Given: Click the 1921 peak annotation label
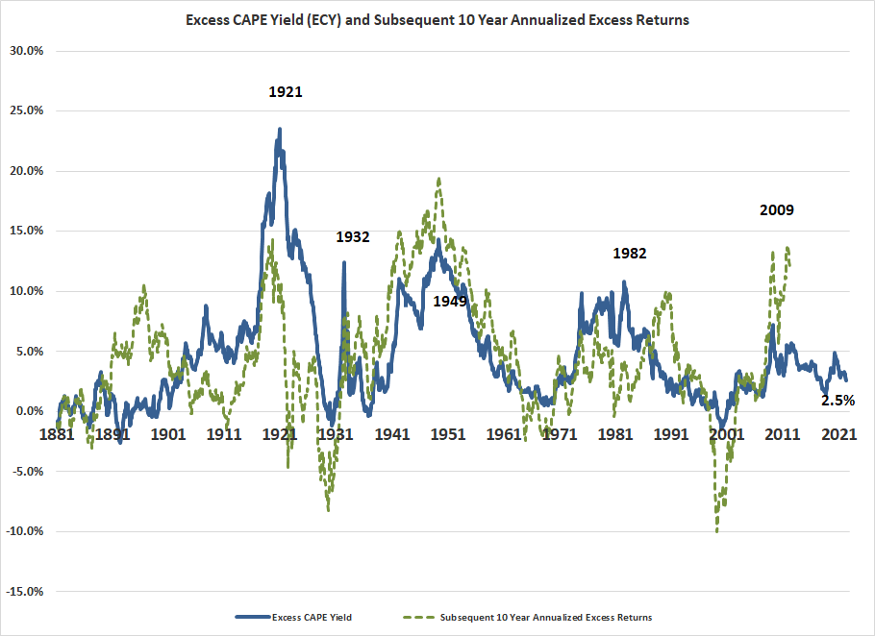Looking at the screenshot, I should pos(286,92).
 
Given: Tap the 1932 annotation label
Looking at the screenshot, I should pos(354,236).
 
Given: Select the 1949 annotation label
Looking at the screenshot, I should pos(450,301).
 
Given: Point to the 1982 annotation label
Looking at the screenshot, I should pos(630,254).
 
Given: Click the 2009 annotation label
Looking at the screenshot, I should pos(777,209).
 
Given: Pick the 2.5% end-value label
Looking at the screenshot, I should pos(837,400).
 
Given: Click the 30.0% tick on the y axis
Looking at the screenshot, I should pos(27,51).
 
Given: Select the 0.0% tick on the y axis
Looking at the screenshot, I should pos(29,411).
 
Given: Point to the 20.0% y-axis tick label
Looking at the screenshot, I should pos(27,171).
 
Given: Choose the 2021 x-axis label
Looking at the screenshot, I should pos(839,434).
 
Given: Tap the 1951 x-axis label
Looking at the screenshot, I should pos(448,434).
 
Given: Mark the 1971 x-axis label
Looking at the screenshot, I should pos(560,434).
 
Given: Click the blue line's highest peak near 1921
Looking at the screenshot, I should pos(280,129).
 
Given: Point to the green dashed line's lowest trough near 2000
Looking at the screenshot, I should pos(716,531).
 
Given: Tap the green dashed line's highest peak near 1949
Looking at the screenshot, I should pos(438,179).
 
